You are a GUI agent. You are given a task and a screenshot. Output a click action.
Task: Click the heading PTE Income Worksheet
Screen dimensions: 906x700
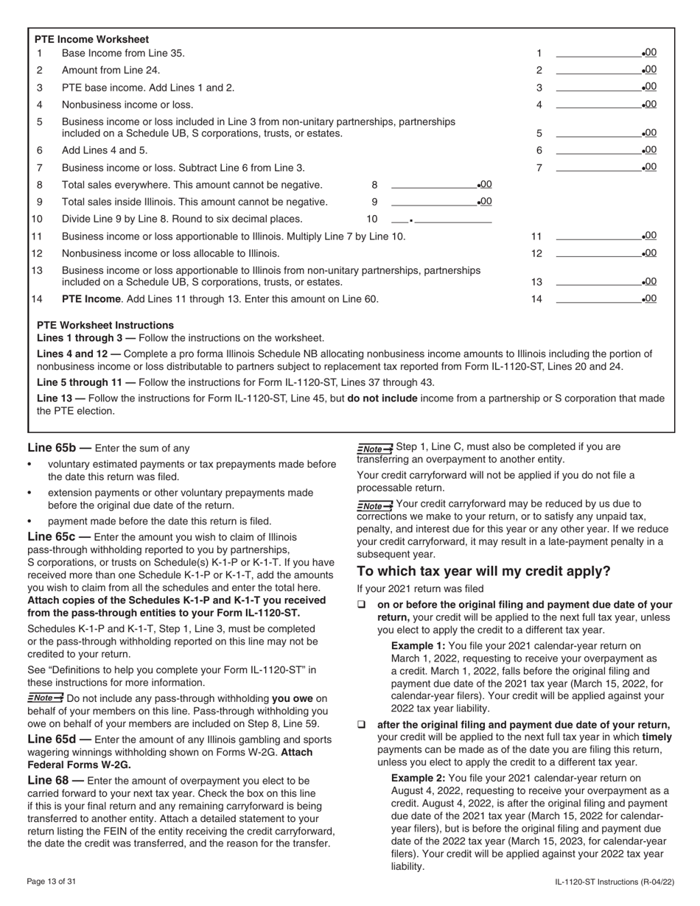tap(91, 39)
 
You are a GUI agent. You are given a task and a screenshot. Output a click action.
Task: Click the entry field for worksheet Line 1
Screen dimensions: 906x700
tap(598, 52)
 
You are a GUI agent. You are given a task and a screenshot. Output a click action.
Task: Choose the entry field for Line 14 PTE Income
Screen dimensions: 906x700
tap(598, 299)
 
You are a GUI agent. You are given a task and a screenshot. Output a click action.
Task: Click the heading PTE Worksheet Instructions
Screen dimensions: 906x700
tap(105, 325)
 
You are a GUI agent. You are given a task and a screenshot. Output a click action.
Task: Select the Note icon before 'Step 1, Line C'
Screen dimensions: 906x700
tap(375, 448)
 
